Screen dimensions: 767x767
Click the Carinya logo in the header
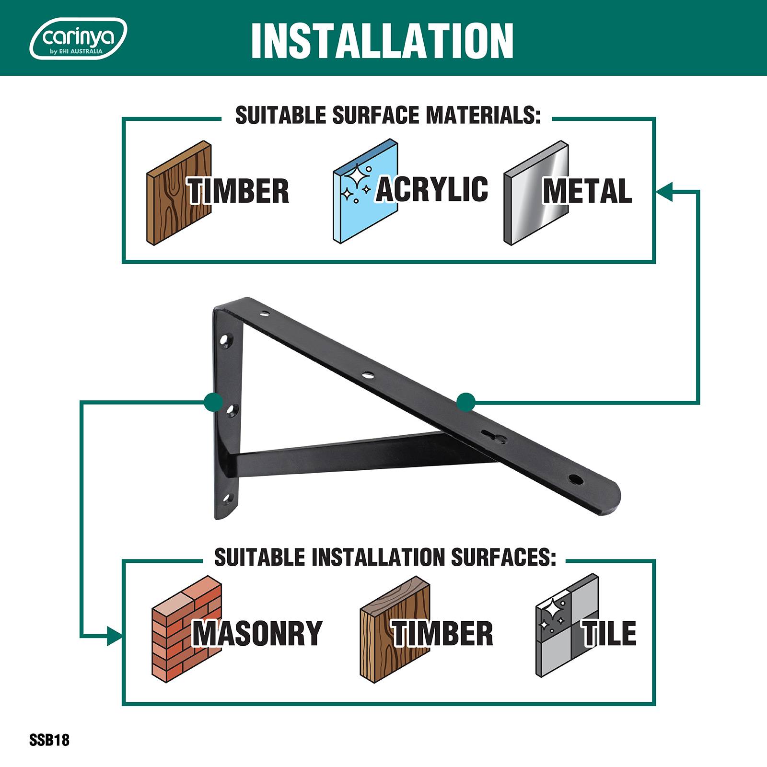(78, 38)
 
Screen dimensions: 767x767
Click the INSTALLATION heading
(383, 40)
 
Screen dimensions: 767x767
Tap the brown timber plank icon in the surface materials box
(178, 193)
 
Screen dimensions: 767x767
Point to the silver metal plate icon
(536, 193)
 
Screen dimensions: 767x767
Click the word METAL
(587, 191)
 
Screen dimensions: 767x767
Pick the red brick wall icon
(186, 628)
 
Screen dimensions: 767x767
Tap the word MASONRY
(257, 633)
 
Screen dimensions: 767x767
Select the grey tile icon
(567, 626)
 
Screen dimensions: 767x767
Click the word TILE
(609, 633)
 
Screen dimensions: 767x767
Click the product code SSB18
(49, 740)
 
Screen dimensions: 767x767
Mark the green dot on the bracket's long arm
(466, 402)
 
